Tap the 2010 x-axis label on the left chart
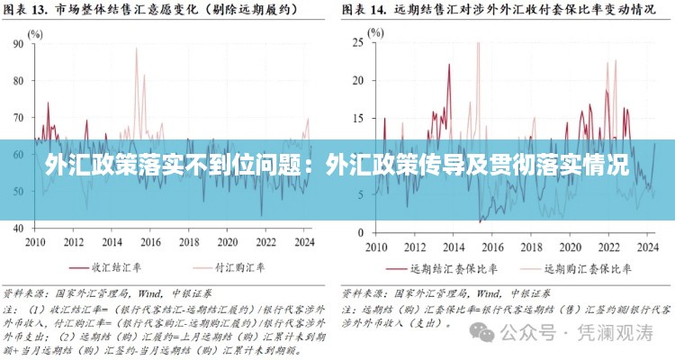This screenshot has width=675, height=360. pos(35,242)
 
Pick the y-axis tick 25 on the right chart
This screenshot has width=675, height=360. pos(356,41)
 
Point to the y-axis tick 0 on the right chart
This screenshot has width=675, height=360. pos(360,230)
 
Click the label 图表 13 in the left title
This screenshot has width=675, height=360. pos(28,12)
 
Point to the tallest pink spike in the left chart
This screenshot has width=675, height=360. pos(137,49)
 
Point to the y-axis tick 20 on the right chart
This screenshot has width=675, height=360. pos(356,80)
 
